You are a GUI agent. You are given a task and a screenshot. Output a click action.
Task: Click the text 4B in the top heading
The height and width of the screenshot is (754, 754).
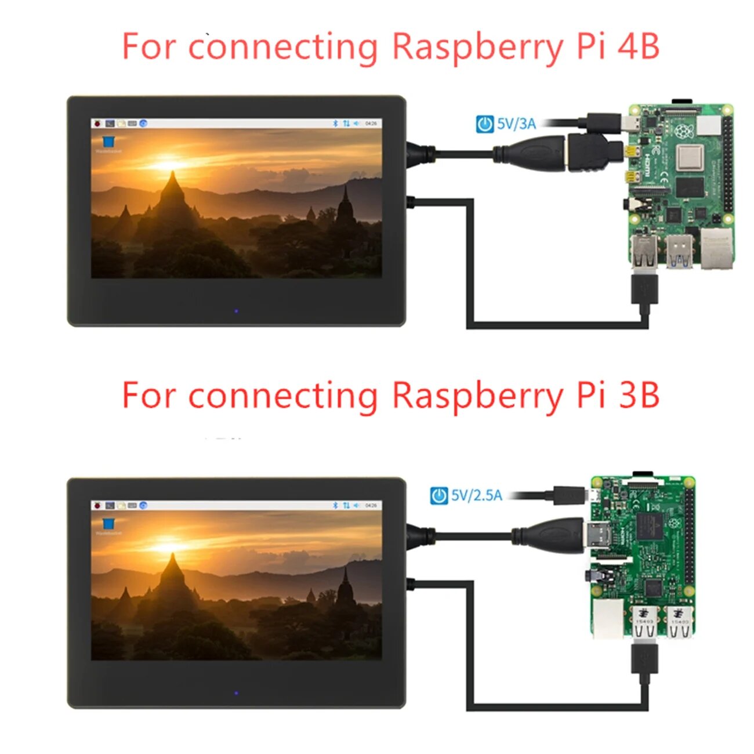pos(639,46)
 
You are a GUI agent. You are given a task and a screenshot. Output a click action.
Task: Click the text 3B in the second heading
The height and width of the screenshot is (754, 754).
pos(639,396)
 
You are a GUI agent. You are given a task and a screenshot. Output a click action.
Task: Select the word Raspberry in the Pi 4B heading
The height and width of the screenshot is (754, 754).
pos(477,48)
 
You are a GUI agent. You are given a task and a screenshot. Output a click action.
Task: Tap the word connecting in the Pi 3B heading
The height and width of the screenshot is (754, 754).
pos(282,397)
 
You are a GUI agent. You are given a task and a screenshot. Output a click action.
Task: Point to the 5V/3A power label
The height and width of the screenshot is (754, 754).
pos(516,124)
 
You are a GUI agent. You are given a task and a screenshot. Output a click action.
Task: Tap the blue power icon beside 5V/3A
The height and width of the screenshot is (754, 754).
pos(484,124)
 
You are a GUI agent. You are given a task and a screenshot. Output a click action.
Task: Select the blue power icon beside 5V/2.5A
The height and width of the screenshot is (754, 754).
pos(438,496)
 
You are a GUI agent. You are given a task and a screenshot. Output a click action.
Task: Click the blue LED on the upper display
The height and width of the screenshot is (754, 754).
pos(236,311)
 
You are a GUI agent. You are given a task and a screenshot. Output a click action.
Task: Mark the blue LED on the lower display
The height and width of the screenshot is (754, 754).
pos(236,693)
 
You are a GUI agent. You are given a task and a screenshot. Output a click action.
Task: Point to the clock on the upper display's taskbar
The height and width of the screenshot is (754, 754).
pos(371,124)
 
